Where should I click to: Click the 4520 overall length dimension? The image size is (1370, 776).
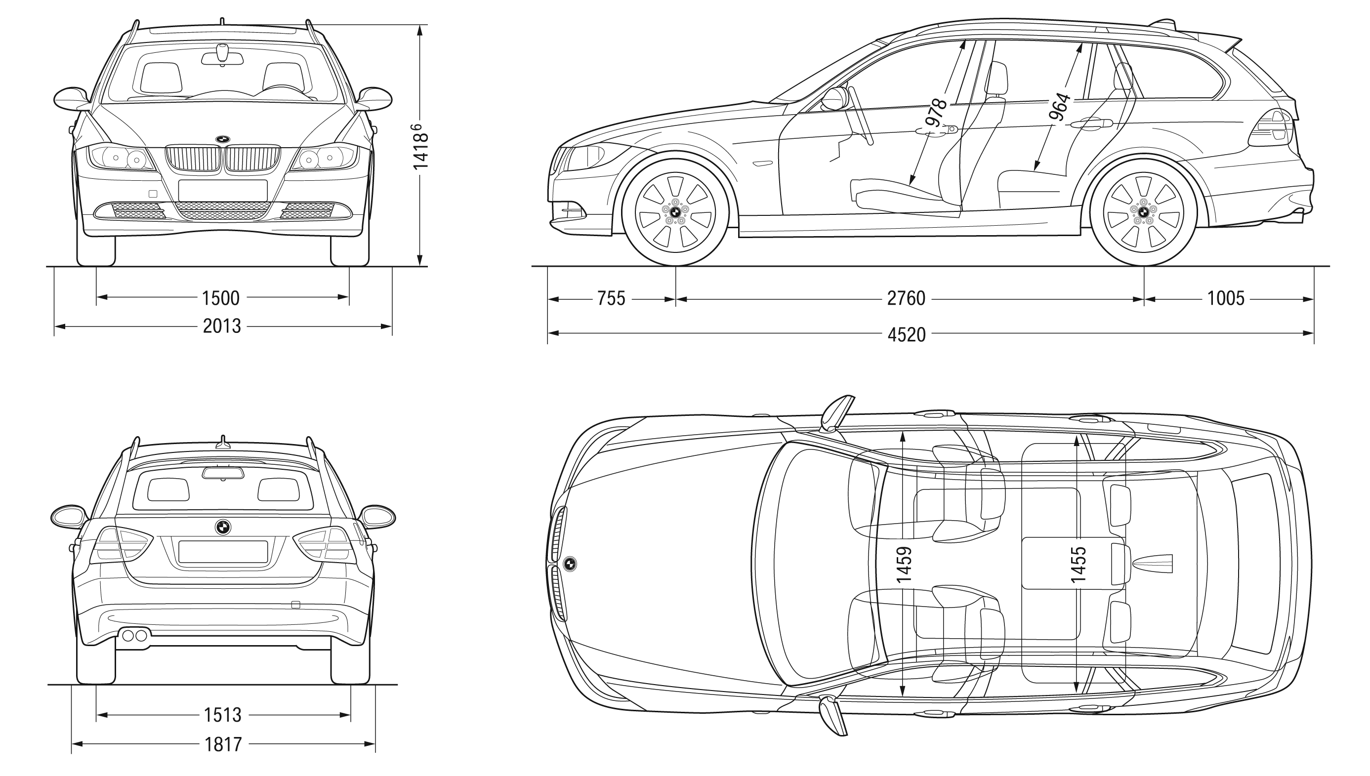[x=906, y=335]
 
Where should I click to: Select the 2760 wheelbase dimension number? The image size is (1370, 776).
[x=906, y=298]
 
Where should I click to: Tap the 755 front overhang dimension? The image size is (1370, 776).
[x=611, y=298]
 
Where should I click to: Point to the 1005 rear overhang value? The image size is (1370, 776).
[x=1226, y=298]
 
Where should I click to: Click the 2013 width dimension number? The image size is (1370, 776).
[x=222, y=326]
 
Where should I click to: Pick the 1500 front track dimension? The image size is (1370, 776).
[x=221, y=298]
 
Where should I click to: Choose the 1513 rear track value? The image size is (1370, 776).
[x=223, y=715]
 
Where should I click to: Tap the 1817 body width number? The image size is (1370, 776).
[x=223, y=744]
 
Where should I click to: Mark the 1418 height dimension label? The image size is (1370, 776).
[x=420, y=147]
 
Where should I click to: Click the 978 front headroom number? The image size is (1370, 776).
[x=937, y=112]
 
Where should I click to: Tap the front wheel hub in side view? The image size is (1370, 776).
[x=675, y=211]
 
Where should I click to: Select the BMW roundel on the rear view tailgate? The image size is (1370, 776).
[x=223, y=527]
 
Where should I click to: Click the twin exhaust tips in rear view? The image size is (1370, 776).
[x=135, y=636]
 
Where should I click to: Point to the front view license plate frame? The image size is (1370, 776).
[x=223, y=190]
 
